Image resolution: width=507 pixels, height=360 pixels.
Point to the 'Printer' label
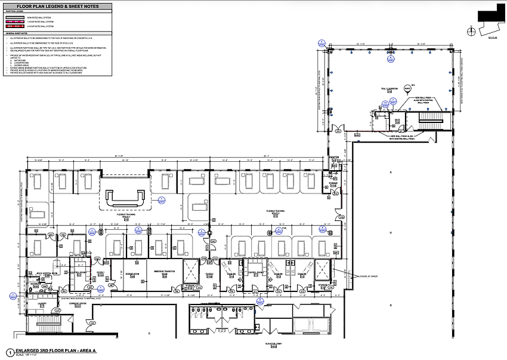coord(333,158)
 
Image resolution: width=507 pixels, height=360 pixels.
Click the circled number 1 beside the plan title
coord(9,352)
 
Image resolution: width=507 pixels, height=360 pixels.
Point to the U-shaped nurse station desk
coord(123,198)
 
